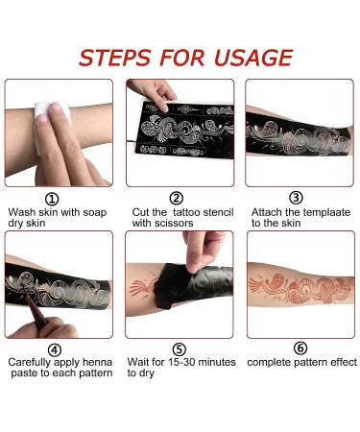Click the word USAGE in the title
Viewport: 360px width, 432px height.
point(252,58)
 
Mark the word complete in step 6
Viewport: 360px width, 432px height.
point(266,362)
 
